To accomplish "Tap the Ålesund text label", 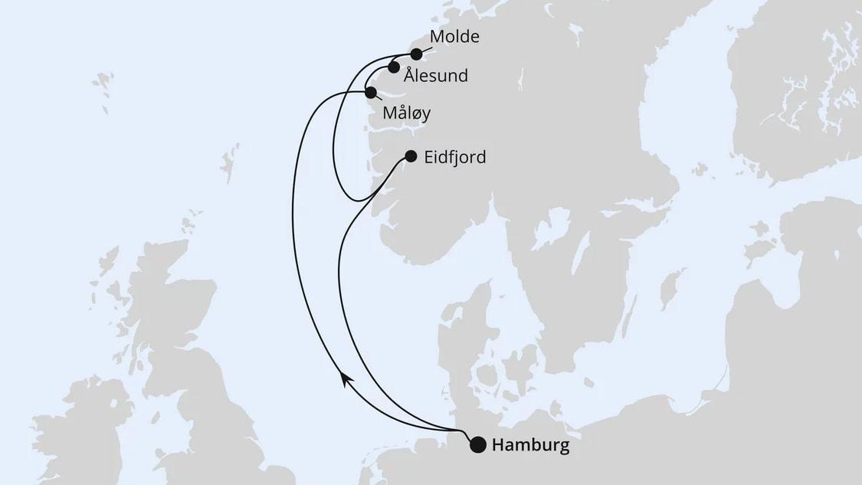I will click(x=436, y=76).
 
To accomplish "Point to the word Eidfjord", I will click(x=455, y=157).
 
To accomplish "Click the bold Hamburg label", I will click(x=531, y=445).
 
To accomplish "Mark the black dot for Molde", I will click(x=416, y=54).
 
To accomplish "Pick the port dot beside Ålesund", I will click(x=393, y=67).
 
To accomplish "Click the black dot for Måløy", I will click(x=371, y=93).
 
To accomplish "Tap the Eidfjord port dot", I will click(x=411, y=156).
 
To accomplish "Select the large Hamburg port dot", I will click(x=478, y=445).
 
